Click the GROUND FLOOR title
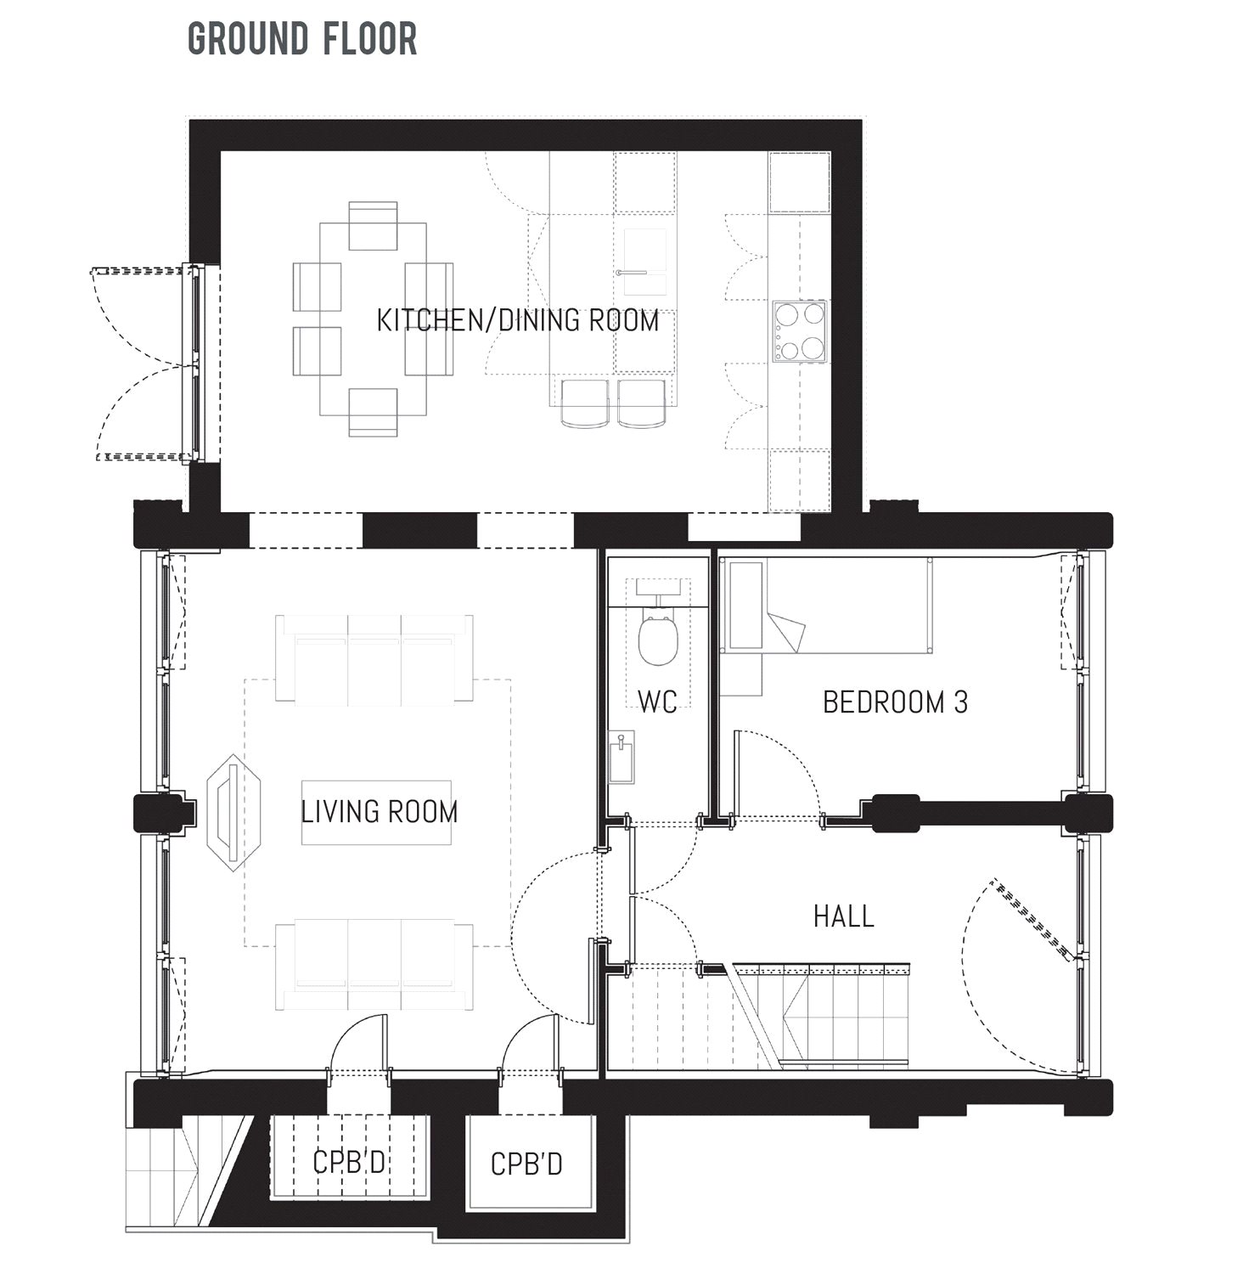(x=302, y=39)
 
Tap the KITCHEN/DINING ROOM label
(x=517, y=321)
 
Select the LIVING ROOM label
(x=379, y=812)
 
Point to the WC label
(x=657, y=702)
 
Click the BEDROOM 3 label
(x=895, y=702)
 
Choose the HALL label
(x=843, y=916)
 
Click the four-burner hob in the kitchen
(x=800, y=331)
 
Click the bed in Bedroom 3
(x=828, y=606)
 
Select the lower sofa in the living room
(x=374, y=965)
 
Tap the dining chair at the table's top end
(x=373, y=226)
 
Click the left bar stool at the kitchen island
(x=585, y=403)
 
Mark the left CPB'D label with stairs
(x=349, y=1162)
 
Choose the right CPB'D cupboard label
(x=526, y=1164)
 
